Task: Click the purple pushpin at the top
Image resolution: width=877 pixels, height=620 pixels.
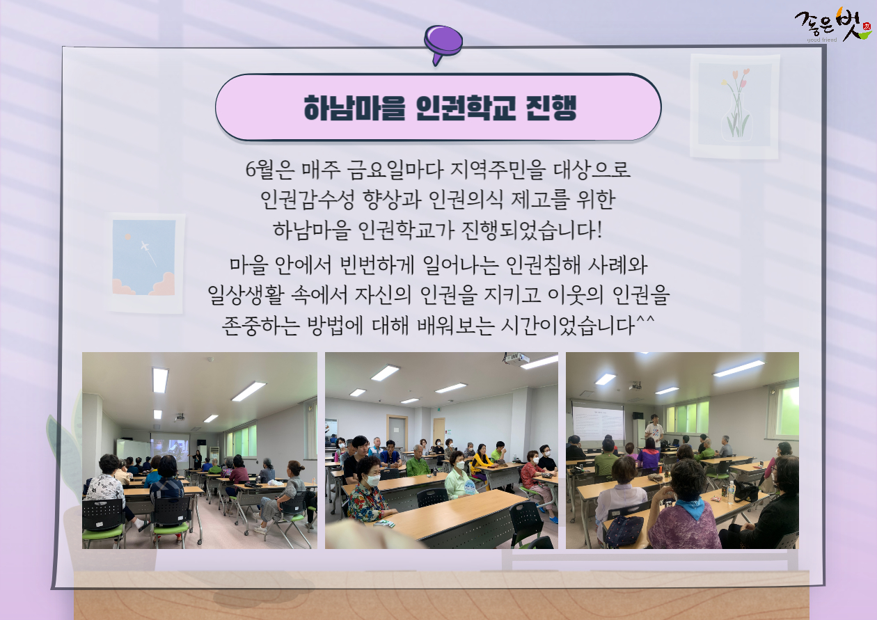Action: [443, 43]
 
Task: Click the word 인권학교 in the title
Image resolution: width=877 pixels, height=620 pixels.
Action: [466, 108]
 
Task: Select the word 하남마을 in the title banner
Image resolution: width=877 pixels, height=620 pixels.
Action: [354, 108]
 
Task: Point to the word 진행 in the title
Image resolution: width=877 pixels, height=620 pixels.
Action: [551, 108]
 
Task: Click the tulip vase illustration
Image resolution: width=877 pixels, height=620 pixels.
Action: [734, 106]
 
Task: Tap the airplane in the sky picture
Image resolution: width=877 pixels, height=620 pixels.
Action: [145, 246]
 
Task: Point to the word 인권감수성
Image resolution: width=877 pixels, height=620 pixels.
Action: [308, 200]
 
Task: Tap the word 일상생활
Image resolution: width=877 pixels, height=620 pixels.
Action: [245, 295]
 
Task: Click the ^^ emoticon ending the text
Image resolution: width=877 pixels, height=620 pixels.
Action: [645, 319]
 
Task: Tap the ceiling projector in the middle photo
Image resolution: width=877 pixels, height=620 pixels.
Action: [514, 358]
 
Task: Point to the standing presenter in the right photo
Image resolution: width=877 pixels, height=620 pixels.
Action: [654, 431]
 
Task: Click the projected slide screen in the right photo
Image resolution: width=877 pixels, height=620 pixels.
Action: [598, 422]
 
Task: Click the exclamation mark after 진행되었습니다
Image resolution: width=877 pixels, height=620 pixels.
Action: [599, 230]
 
